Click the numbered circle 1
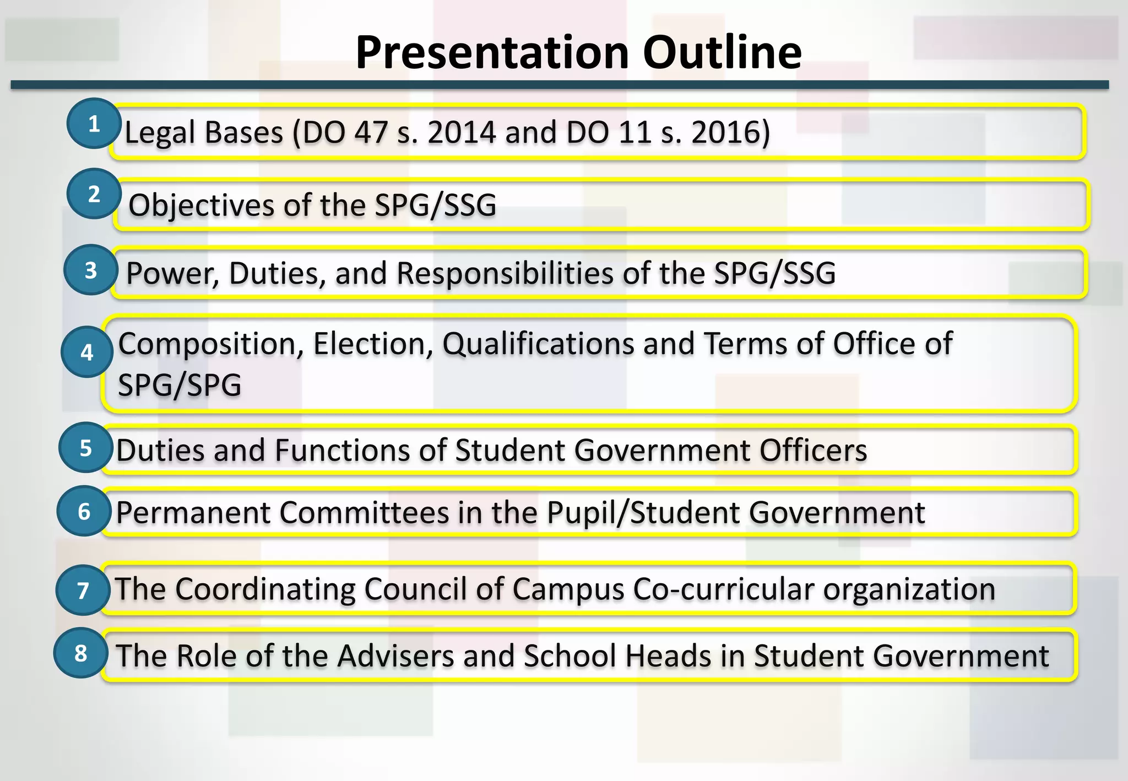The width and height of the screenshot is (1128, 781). point(94,123)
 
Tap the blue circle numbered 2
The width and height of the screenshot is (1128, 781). point(94,194)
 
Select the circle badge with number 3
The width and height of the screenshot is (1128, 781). point(91,270)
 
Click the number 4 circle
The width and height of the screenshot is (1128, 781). point(87,352)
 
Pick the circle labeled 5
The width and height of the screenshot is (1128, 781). point(85,448)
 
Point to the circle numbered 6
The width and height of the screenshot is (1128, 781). point(84,511)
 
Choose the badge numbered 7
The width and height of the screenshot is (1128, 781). point(83,590)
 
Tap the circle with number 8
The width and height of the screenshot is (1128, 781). point(80,653)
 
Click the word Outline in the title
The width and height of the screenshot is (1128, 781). point(722,52)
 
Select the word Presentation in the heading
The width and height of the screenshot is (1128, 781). point(492,52)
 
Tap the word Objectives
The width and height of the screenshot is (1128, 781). point(201,205)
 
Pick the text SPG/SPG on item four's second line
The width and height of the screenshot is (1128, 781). point(180,384)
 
